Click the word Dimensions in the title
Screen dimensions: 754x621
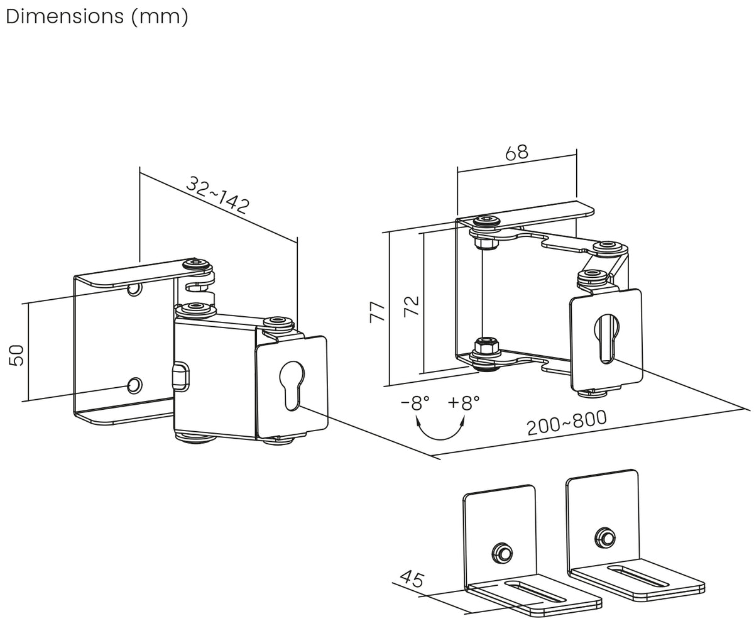65,16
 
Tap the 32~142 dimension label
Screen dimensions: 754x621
218,195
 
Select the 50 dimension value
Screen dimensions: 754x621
16,355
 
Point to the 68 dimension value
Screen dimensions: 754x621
516,152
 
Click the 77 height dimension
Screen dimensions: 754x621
377,312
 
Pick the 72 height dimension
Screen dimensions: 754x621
411,306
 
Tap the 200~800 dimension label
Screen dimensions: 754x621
567,422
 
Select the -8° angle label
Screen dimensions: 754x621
415,403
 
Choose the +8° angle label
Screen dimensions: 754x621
463,402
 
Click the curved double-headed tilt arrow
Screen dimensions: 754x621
440,439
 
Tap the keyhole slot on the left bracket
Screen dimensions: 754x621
292,385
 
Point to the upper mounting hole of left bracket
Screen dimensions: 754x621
134,289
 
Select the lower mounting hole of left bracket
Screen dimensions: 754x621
135,385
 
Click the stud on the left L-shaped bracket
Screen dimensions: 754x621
502,552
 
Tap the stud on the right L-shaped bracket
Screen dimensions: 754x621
605,537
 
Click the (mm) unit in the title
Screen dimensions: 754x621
160,17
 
